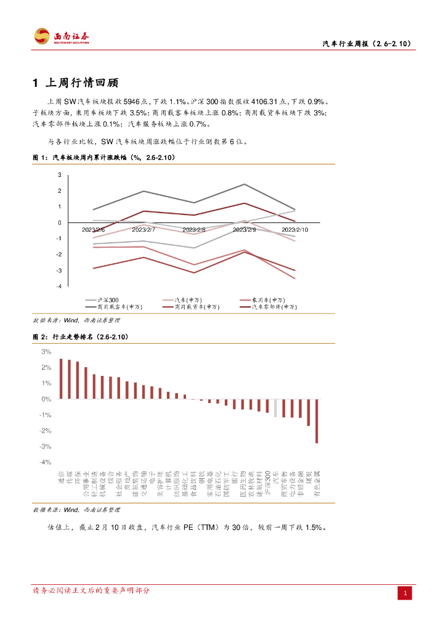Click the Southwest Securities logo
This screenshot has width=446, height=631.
(62, 36)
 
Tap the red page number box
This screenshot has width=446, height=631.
(405, 593)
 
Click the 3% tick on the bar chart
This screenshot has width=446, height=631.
(46, 352)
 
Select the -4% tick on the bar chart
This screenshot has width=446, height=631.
(46, 462)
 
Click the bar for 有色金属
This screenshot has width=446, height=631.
(317, 421)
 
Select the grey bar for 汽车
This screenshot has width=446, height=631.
(275, 408)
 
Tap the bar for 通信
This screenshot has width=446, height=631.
(61, 379)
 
